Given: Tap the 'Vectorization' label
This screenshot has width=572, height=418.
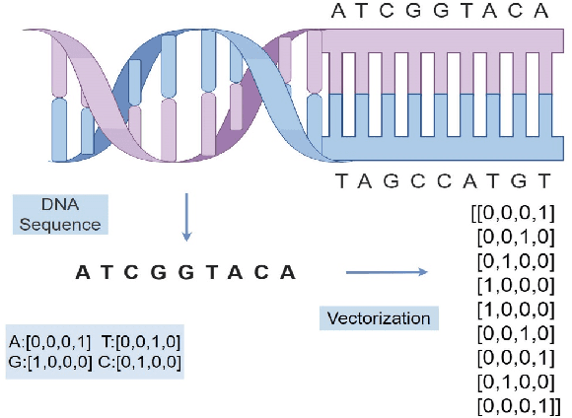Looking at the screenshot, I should (380, 318).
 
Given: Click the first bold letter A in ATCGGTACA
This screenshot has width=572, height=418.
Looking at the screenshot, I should (82, 272).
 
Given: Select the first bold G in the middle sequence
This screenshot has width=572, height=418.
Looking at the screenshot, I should (158, 272).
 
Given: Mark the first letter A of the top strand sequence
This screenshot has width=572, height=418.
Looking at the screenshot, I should (339, 12).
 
